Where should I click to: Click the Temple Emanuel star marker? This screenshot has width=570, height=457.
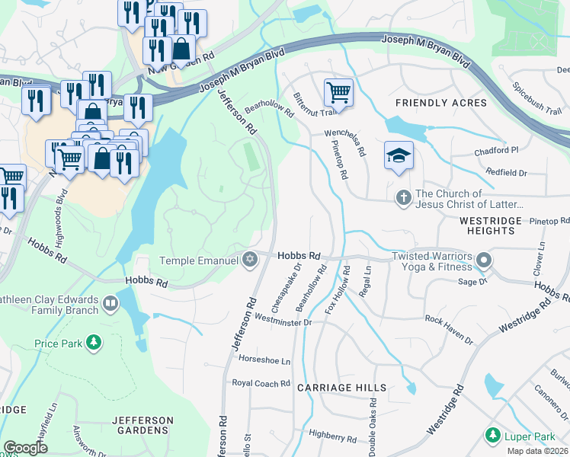pos(249,260)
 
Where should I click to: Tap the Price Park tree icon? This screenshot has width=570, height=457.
pos(94,344)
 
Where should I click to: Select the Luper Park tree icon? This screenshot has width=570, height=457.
pos(492,436)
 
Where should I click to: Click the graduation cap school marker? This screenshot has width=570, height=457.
pos(399,155)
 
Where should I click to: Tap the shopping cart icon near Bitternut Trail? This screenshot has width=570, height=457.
pos(338,93)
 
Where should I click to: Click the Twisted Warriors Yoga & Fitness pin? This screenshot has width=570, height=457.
pos(483,262)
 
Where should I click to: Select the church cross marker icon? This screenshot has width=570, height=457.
pos(403,199)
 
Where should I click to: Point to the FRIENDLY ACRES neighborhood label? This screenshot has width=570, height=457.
pos(440,103)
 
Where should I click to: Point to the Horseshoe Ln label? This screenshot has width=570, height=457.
pos(265,360)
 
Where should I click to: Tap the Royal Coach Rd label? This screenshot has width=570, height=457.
pos(261,383)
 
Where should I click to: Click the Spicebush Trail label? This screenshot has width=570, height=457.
pos(537,98)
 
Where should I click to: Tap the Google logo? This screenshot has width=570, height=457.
pos(25,448)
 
